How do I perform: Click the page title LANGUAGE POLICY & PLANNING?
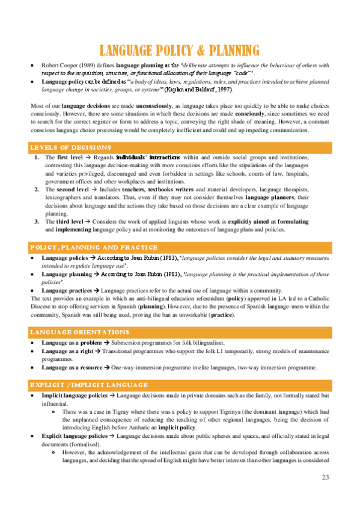pos(180,49)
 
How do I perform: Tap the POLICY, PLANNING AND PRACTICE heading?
pos(94,247)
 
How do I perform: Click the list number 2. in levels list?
pos(37,189)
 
